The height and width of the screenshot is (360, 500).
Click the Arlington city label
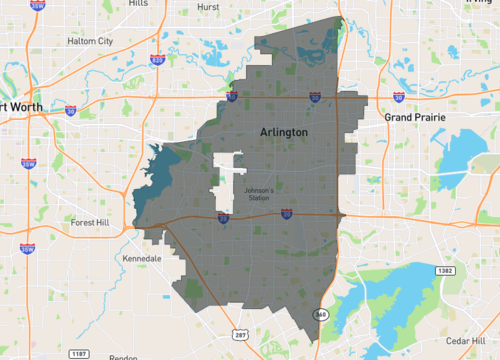(x=283, y=132)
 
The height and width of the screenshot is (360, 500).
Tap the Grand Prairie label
(x=415, y=117)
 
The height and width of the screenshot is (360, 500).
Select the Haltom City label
(x=90, y=41)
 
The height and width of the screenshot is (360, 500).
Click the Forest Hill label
(x=95, y=223)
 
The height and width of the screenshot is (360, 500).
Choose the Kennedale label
(x=141, y=258)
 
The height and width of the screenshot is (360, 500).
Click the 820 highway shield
(x=156, y=60)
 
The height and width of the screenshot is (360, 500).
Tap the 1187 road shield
(x=78, y=352)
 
